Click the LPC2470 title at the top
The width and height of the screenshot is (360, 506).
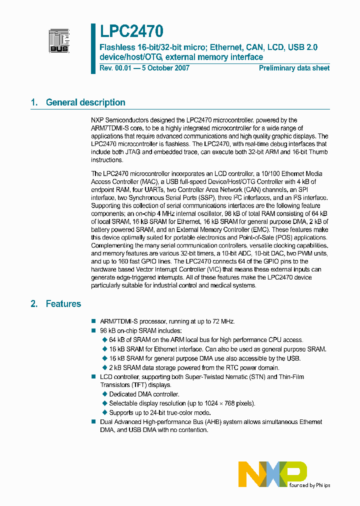(131, 32)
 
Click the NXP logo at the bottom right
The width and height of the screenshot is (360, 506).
(272, 474)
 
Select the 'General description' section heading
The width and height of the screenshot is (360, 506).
(85, 102)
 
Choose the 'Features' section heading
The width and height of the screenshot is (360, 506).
(63, 303)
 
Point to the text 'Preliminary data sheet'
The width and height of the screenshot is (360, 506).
(294, 68)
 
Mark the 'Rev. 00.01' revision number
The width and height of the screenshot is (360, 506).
(113, 68)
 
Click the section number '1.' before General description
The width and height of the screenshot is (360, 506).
(34, 102)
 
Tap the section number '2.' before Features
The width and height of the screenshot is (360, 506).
(34, 303)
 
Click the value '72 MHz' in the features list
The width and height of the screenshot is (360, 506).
(222, 321)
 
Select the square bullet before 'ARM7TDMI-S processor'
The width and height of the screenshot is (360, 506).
(93, 321)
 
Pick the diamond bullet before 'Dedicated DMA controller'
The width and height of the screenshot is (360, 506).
(104, 394)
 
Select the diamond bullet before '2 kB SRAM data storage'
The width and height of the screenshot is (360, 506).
(104, 367)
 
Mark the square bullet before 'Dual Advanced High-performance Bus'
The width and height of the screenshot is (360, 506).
(93, 422)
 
